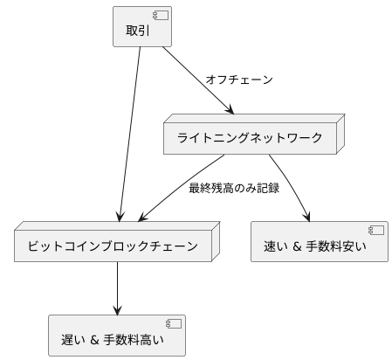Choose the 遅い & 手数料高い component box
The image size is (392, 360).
[x=117, y=335]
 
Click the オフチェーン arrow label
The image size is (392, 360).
[x=239, y=80]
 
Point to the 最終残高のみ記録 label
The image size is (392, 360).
[x=234, y=188]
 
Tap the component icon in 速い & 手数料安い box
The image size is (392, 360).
[x=376, y=231]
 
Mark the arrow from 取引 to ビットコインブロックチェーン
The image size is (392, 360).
[x=128, y=131]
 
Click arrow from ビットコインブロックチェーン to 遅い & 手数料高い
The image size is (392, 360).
[x=117, y=288]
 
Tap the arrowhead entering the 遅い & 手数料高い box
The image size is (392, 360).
[x=117, y=308]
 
